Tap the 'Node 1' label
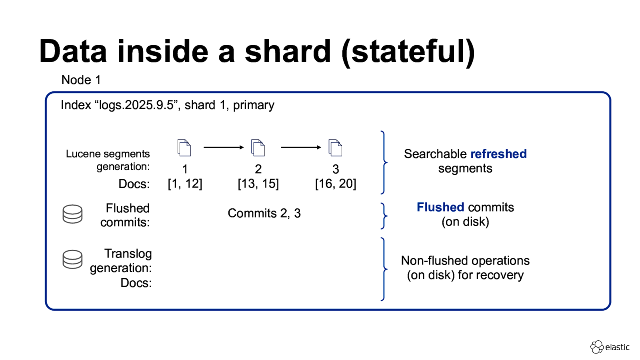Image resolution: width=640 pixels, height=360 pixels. [81, 80]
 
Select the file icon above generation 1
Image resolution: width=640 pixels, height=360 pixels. [184, 148]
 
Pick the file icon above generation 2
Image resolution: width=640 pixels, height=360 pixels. [258, 148]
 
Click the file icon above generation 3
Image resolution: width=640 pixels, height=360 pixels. [335, 148]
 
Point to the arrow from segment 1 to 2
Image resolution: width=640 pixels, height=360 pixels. [223, 148]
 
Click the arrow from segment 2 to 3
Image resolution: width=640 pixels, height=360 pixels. [301, 148]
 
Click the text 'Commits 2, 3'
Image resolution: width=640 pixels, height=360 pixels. [264, 213]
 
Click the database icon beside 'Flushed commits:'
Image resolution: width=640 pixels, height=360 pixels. [72, 214]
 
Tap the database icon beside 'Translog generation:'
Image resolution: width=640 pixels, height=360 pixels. [72, 260]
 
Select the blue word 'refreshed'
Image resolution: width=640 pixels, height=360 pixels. [498, 154]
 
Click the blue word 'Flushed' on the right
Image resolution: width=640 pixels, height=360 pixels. [440, 207]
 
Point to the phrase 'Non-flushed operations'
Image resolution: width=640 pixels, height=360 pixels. [465, 261]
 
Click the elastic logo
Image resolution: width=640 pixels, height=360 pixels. [610, 347]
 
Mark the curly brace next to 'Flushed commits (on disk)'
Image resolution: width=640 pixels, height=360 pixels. [384, 216]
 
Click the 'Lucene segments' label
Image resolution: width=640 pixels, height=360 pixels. [108, 154]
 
